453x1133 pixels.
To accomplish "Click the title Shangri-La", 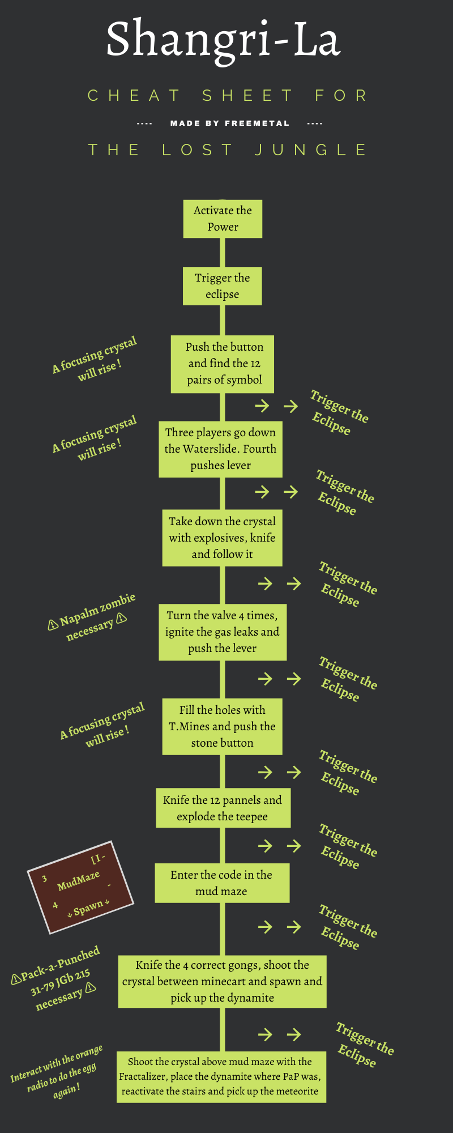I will [224, 40].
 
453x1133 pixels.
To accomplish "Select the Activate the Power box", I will [223, 219].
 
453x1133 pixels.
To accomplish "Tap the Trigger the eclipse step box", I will [222, 286].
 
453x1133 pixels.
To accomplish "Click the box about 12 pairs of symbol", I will [223, 364].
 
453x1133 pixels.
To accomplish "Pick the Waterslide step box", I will [220, 449].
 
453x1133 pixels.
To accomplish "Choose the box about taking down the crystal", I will [222, 538].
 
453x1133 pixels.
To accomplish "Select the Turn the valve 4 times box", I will [222, 632].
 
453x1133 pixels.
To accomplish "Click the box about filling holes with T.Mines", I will [222, 726].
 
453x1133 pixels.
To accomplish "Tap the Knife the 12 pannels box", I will [223, 808].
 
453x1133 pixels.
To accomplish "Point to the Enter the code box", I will [221, 883].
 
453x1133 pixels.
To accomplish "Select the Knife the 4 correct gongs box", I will [222, 981].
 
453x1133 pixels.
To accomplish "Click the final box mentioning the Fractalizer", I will [221, 1076].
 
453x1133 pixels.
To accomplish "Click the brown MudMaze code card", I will [80, 887].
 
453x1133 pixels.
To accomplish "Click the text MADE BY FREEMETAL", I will [229, 123].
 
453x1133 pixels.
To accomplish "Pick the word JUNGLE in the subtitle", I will [310, 150].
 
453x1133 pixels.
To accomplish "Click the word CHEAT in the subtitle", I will [134, 96].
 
